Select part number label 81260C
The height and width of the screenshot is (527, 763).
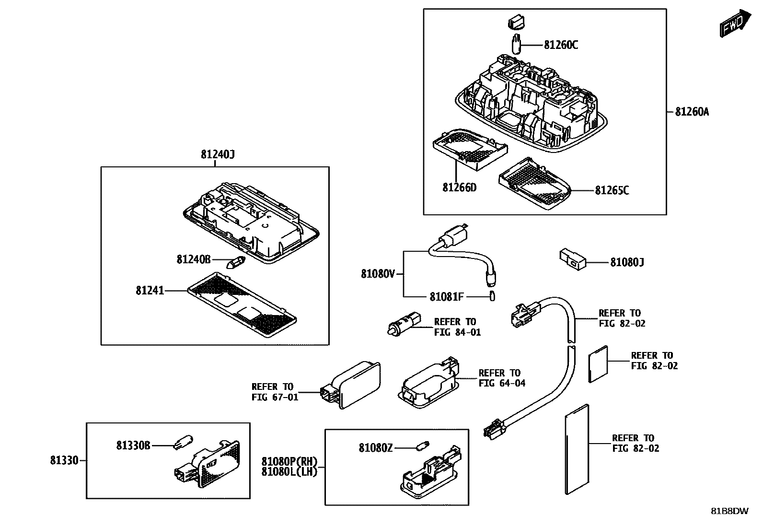(x=561, y=45)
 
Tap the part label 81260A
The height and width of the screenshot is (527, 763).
(x=692, y=112)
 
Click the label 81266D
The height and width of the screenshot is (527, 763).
(x=459, y=187)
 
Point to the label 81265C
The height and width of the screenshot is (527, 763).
(x=612, y=191)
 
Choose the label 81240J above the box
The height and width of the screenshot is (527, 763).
(x=217, y=155)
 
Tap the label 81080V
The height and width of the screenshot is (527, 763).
(x=378, y=274)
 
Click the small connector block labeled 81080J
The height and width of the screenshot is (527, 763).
(x=572, y=258)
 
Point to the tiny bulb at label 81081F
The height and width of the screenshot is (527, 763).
(x=492, y=296)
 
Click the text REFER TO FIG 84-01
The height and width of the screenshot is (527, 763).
(x=457, y=327)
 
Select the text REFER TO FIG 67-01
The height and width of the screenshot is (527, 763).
(x=274, y=392)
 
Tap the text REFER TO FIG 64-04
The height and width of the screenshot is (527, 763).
(x=501, y=378)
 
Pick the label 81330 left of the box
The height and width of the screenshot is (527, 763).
(x=64, y=461)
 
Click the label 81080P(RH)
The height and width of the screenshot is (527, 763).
(x=289, y=461)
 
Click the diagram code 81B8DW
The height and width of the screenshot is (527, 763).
(x=729, y=511)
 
